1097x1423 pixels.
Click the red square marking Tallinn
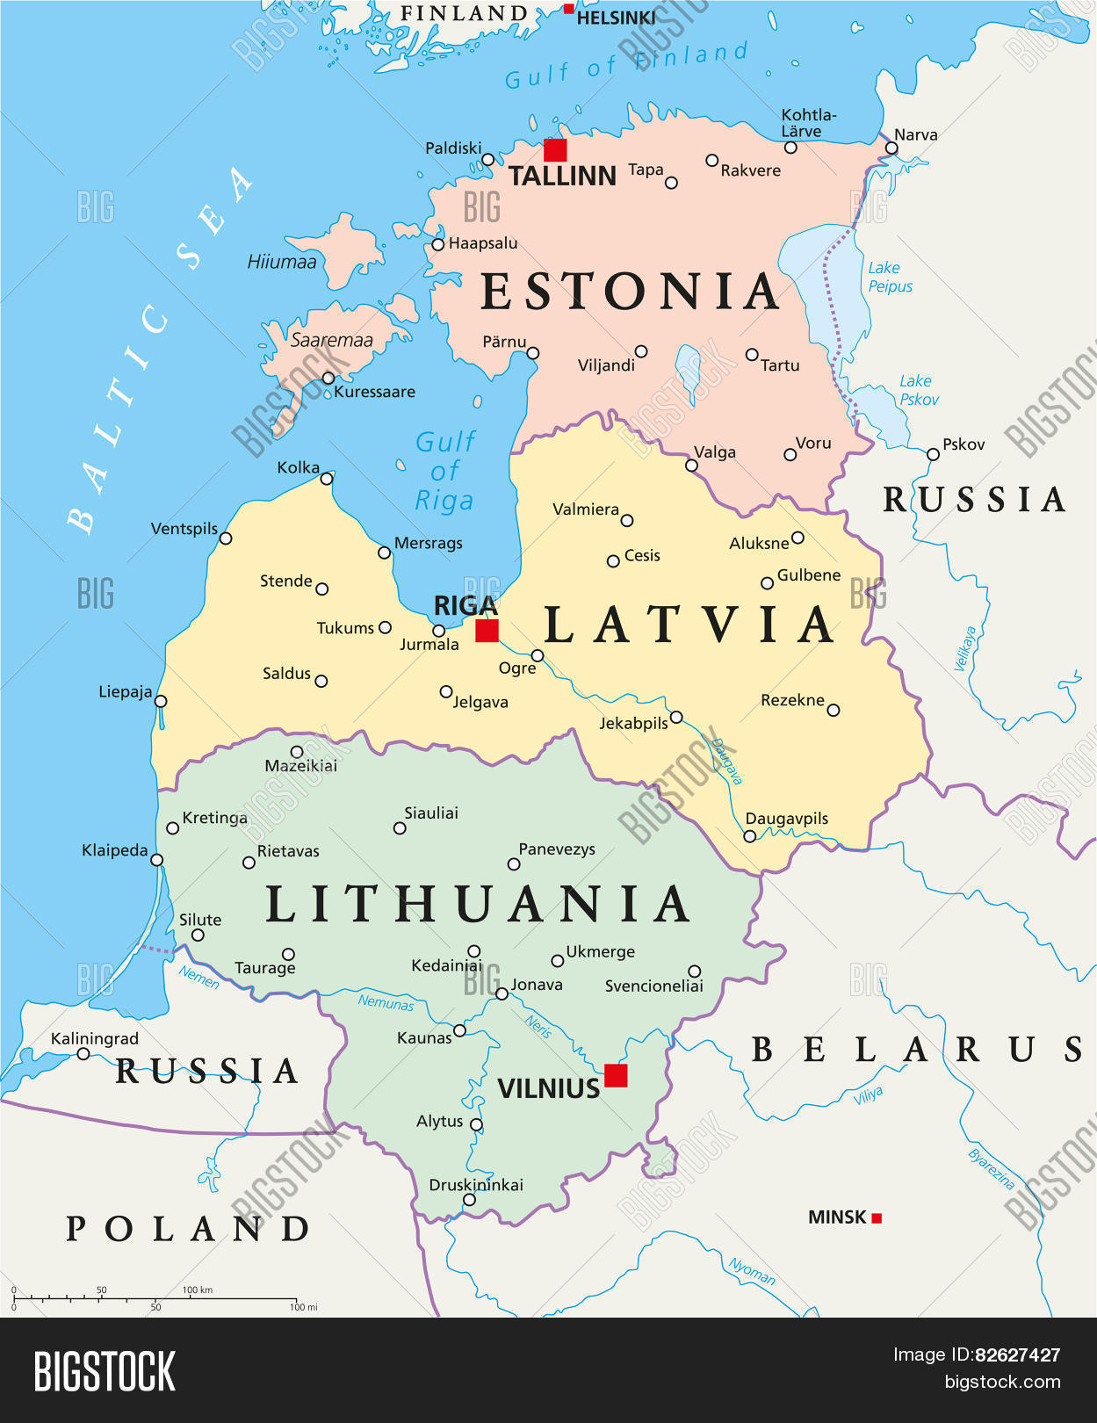pyautogui.click(x=555, y=149)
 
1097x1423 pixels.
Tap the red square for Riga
pyautogui.click(x=487, y=631)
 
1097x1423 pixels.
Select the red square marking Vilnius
pyautogui.click(x=616, y=1075)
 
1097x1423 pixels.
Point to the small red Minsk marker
pyautogui.click(x=876, y=1217)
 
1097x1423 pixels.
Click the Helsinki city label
pyautogui.click(x=616, y=18)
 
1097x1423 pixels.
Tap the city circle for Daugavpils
pyautogui.click(x=749, y=836)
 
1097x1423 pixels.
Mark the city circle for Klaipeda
pyautogui.click(x=156, y=860)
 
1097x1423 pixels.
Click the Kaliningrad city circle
pyautogui.click(x=83, y=1053)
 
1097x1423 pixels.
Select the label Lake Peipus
pyautogui.click(x=890, y=277)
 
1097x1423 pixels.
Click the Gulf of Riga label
pyautogui.click(x=445, y=471)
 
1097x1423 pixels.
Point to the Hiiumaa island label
pyautogui.click(x=282, y=262)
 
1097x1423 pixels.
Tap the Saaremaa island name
pyautogui.click(x=331, y=340)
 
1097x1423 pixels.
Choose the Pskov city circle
pyautogui.click(x=933, y=454)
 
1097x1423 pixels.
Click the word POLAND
pyautogui.click(x=188, y=1228)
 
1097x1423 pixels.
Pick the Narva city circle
pyautogui.click(x=891, y=148)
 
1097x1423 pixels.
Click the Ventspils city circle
pyautogui.click(x=226, y=538)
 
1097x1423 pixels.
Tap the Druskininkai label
pyautogui.click(x=476, y=1185)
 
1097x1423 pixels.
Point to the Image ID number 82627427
pyautogui.click(x=1017, y=1354)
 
